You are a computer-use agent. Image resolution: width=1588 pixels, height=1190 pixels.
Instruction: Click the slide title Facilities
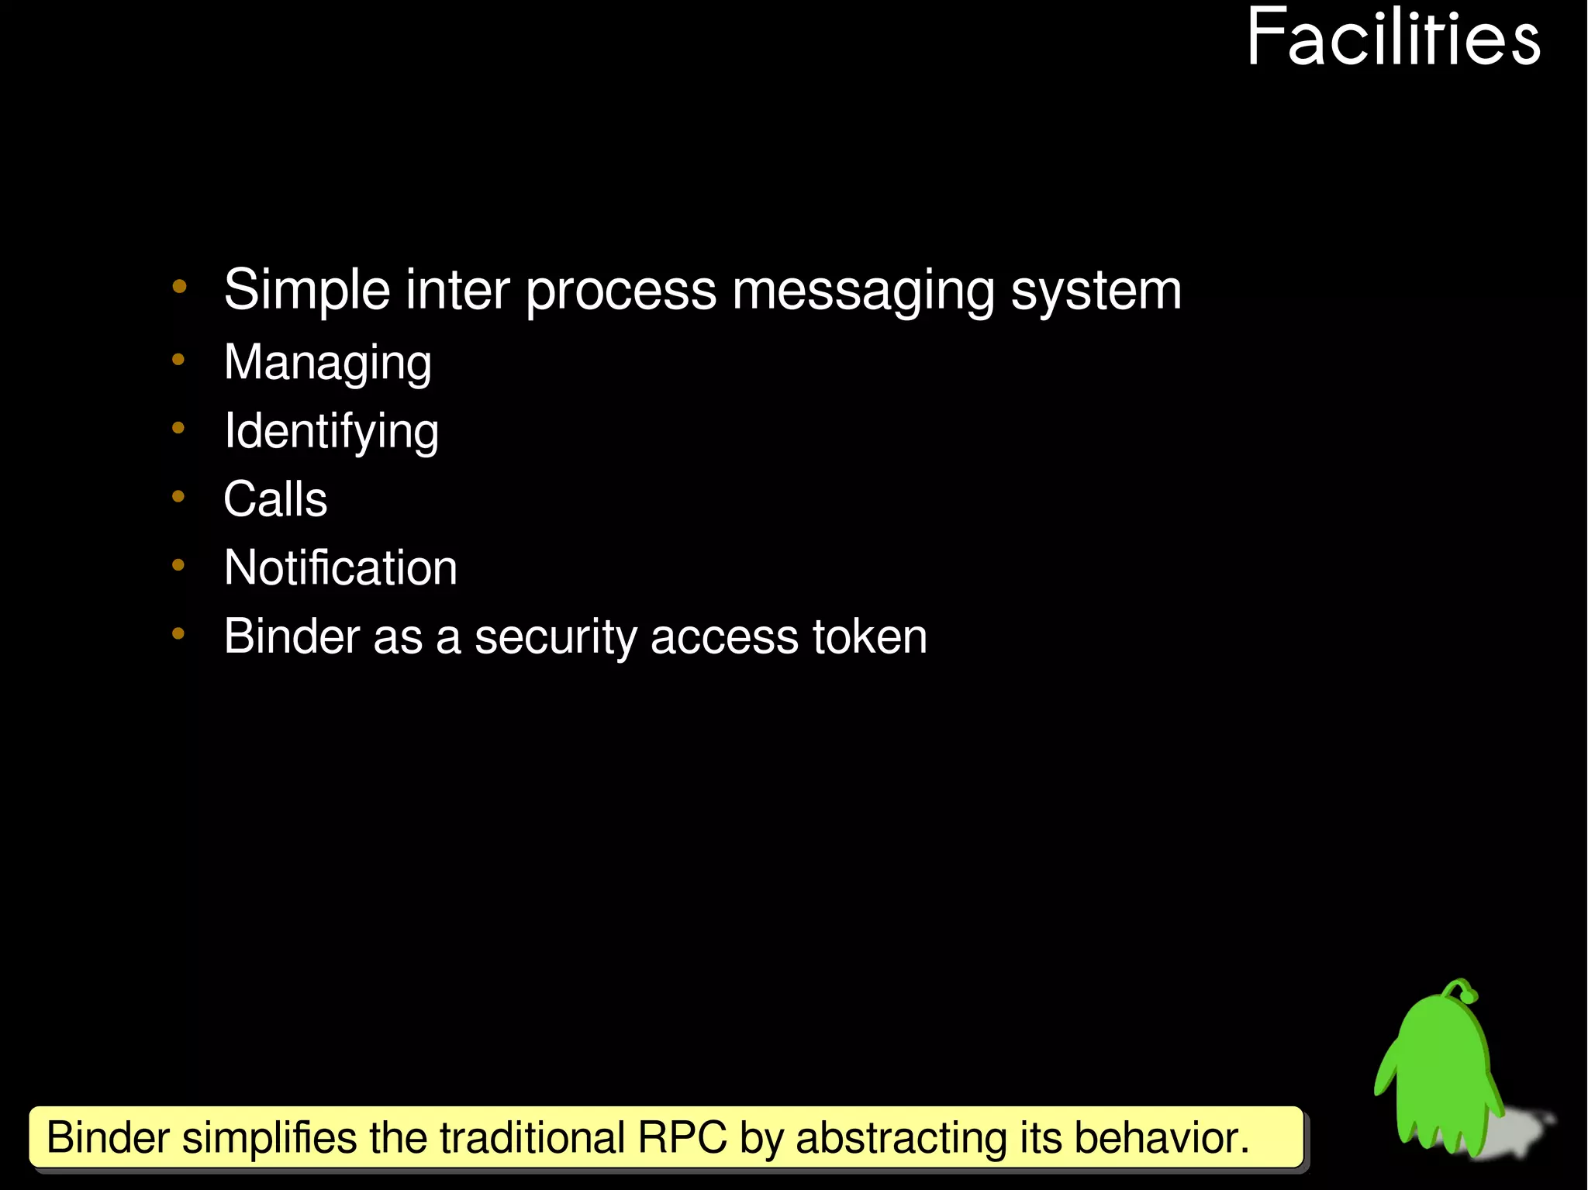1393,39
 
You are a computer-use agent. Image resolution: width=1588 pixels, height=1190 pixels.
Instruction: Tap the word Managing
327,363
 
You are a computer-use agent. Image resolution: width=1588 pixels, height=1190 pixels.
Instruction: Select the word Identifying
331,431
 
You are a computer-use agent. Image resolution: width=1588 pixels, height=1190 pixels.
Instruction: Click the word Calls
275,499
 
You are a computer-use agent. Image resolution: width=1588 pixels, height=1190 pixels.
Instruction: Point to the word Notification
340,567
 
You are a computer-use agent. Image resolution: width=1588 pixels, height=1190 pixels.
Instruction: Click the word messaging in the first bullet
862,291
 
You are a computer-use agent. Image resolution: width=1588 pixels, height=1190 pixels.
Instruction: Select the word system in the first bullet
1096,291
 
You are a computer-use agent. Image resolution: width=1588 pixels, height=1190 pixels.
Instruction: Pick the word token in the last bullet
869,637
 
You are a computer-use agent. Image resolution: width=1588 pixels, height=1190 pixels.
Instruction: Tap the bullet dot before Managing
178,360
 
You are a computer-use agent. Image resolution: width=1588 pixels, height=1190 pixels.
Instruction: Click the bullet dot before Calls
178,496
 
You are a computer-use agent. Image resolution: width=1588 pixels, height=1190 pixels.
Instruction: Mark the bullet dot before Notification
178,565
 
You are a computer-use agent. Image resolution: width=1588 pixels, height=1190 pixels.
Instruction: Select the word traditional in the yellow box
532,1138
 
